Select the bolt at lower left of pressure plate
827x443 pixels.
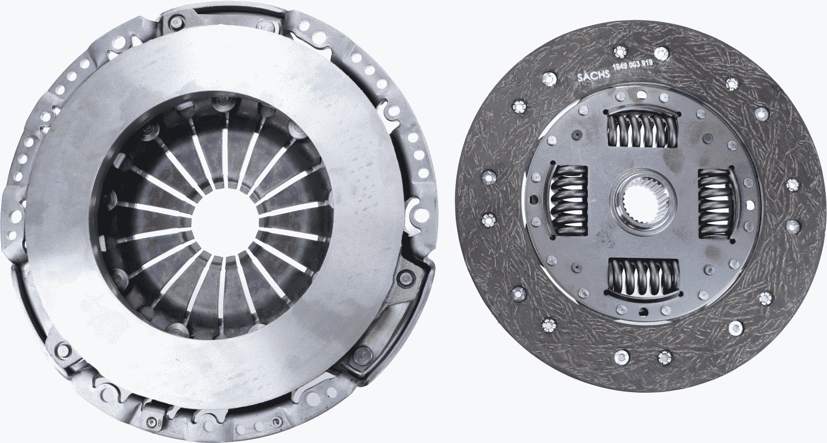(62, 351)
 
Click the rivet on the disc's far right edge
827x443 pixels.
(793, 185)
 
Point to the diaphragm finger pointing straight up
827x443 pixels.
(225, 155)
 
